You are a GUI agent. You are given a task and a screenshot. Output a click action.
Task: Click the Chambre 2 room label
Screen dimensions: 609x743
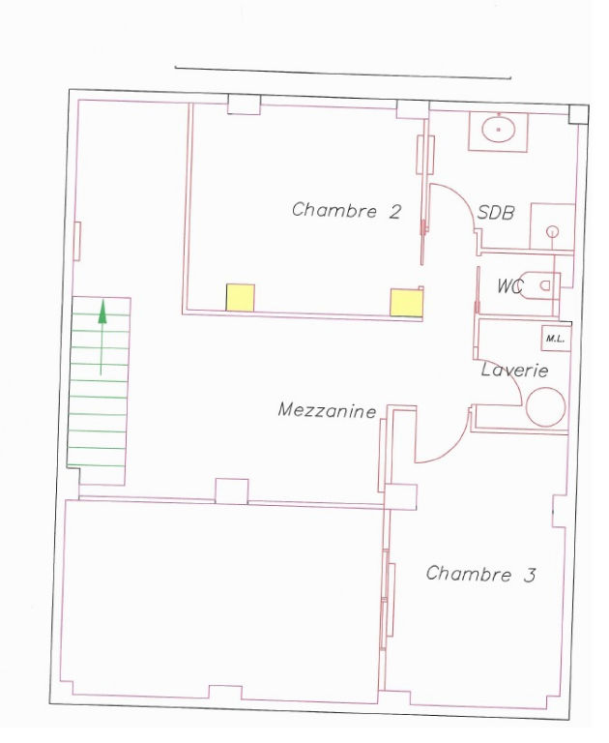pyautogui.click(x=347, y=210)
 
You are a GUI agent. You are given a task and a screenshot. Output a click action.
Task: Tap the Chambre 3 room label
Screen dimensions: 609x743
pyautogui.click(x=480, y=574)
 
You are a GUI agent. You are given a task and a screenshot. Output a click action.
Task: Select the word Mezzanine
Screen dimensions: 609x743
pyautogui.click(x=328, y=410)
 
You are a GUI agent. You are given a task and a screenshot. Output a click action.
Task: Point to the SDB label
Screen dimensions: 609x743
pyautogui.click(x=496, y=212)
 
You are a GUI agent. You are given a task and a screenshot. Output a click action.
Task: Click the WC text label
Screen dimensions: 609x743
pyautogui.click(x=510, y=286)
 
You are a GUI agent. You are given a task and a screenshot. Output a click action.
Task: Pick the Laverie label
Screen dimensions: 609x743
pyautogui.click(x=515, y=370)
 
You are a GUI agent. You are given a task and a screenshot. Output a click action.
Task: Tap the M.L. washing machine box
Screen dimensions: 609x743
pyautogui.click(x=556, y=339)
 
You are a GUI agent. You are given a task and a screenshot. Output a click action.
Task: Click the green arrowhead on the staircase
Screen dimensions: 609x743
pyautogui.click(x=102, y=312)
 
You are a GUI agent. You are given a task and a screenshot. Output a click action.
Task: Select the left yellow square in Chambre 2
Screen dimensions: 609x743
pyautogui.click(x=240, y=298)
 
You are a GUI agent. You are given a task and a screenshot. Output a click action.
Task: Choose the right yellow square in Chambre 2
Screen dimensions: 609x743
pyautogui.click(x=406, y=302)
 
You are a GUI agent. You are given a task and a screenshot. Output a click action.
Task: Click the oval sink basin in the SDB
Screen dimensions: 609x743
pyautogui.click(x=498, y=128)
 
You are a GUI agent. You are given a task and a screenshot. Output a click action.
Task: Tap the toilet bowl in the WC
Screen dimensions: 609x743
pyautogui.click(x=539, y=285)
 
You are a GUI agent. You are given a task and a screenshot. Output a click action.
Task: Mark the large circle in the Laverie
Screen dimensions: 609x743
pyautogui.click(x=545, y=407)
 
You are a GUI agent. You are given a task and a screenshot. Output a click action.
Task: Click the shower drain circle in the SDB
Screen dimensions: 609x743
pyautogui.click(x=552, y=232)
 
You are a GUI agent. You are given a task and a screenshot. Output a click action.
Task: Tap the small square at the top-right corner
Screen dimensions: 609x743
pyautogui.click(x=578, y=114)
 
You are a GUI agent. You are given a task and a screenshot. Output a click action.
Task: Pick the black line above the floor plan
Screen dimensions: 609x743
pyautogui.click(x=343, y=73)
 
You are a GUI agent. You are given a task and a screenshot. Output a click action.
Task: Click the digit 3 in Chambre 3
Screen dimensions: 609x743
pyautogui.click(x=530, y=575)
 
